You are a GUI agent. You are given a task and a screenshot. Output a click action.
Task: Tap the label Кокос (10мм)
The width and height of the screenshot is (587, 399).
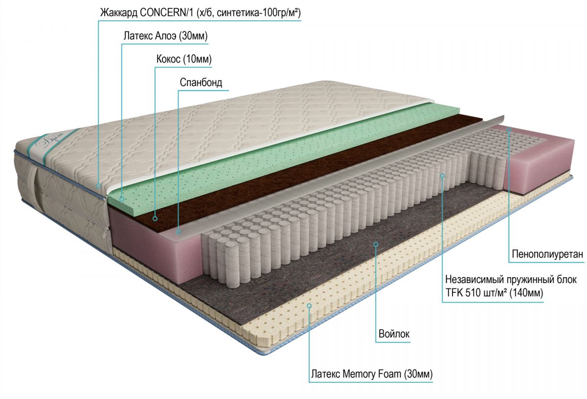click(x=183, y=59)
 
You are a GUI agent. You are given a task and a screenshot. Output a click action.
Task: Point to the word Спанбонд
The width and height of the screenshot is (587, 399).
click(x=201, y=82)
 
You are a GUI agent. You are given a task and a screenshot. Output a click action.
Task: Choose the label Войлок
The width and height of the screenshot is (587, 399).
click(x=394, y=334)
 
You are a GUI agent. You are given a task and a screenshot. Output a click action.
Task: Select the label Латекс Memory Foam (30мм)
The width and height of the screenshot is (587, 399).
click(x=371, y=375)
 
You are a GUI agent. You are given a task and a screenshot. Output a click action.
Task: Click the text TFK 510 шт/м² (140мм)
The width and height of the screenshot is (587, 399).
click(x=495, y=292)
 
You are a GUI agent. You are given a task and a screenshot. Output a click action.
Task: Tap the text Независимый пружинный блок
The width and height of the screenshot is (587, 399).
click(x=511, y=280)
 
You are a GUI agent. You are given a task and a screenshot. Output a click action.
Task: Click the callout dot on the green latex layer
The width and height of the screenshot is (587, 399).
click(x=122, y=199)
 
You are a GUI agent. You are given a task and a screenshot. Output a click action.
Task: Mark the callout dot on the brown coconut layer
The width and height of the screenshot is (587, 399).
click(x=155, y=219)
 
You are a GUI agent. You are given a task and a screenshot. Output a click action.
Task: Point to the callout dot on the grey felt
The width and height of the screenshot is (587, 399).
click(x=376, y=244)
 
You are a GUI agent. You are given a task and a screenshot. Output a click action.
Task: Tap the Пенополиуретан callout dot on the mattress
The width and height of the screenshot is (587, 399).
click(x=509, y=130)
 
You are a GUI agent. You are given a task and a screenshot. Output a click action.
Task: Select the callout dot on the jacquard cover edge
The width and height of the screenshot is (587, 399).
click(x=98, y=185)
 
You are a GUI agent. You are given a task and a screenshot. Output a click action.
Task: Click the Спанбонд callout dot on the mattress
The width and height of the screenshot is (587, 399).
click(x=179, y=232)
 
